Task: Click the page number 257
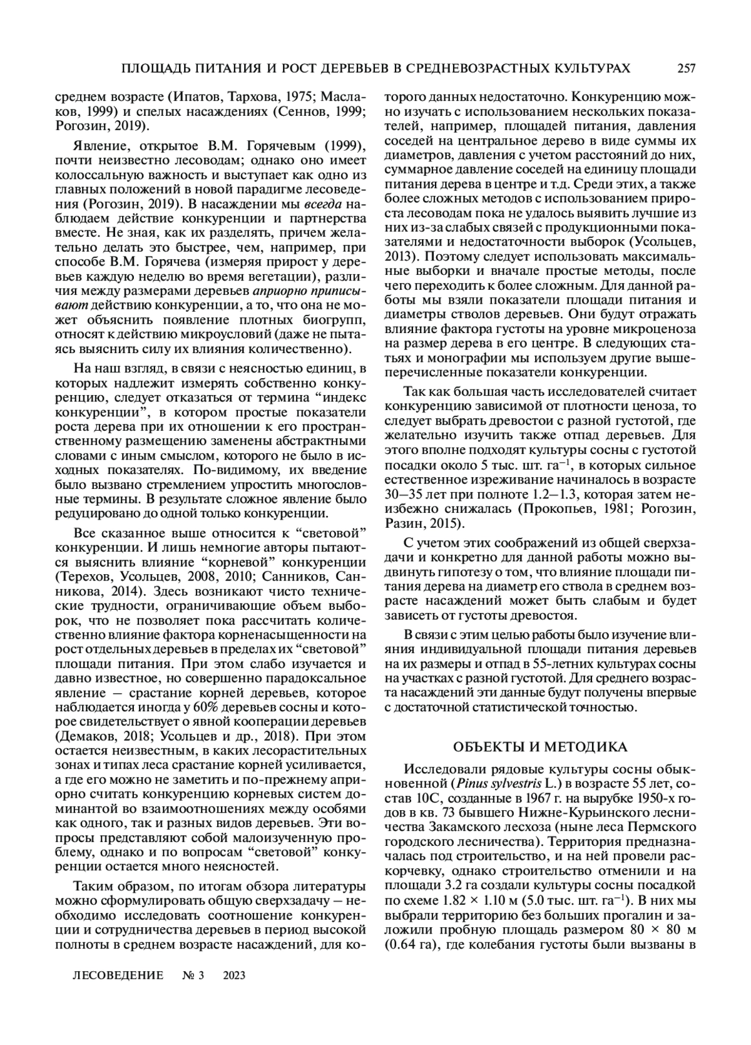(x=686, y=68)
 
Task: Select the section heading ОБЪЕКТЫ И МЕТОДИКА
(x=539, y=746)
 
